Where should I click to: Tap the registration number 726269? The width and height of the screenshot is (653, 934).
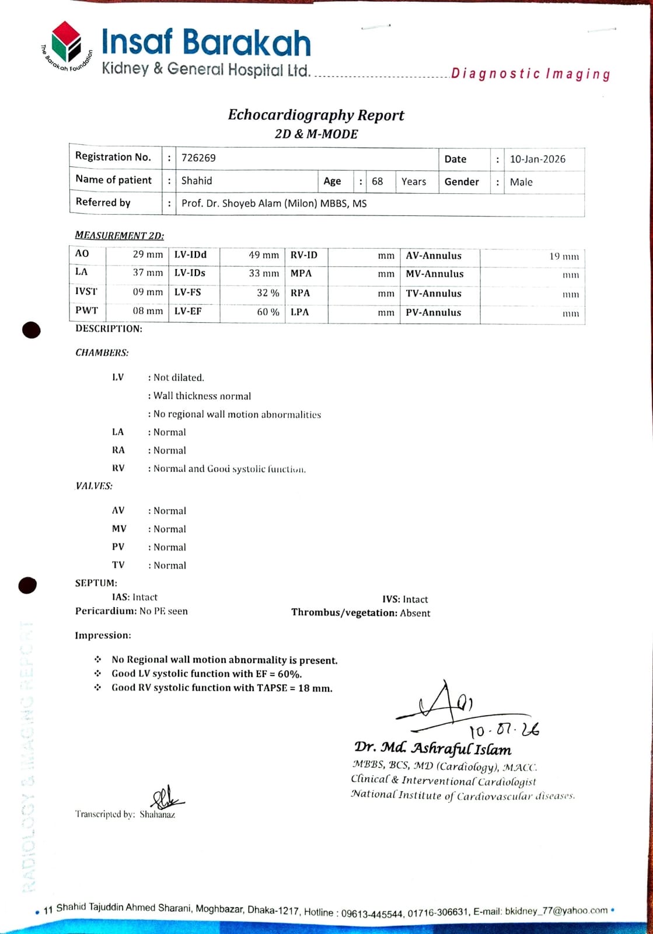[198, 158]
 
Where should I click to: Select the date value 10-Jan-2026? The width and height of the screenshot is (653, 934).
[537, 159]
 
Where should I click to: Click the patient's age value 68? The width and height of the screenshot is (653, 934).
[378, 182]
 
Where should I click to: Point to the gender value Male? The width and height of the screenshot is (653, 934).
[521, 182]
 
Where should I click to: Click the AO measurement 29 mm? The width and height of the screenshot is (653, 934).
[148, 255]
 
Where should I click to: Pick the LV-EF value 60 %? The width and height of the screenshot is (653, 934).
[268, 312]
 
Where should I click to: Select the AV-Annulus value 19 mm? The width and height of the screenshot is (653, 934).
[564, 256]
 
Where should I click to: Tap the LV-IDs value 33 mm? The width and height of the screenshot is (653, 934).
[264, 273]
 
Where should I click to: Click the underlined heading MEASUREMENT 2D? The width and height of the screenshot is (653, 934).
[120, 235]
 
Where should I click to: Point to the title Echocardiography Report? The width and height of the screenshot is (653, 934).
[316, 114]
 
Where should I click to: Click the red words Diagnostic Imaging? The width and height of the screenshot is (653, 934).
[530, 74]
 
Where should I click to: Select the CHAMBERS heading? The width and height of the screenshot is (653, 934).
[102, 353]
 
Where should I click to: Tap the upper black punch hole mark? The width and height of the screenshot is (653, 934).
[32, 330]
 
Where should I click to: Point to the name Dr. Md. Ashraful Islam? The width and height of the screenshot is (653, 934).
[432, 748]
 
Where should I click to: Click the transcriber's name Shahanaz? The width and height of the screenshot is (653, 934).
[157, 814]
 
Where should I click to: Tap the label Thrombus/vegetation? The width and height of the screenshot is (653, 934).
[344, 612]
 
